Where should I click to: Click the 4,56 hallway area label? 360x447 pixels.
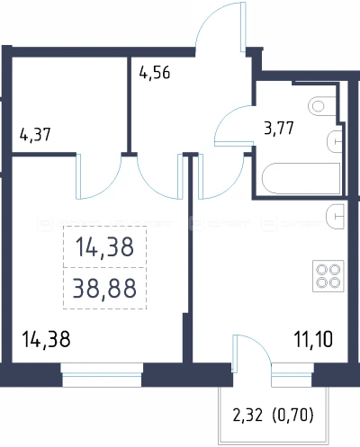pos(155,73)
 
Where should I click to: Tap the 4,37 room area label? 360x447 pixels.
pos(35,135)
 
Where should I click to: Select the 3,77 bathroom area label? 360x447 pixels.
pos(279,129)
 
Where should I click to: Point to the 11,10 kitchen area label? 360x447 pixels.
pos(313,340)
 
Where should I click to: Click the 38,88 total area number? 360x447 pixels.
pos(104,288)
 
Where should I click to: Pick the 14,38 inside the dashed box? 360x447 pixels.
pos(104,247)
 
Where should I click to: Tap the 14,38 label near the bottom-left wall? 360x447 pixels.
pos(47,340)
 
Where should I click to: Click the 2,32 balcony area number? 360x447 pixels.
pos(247,416)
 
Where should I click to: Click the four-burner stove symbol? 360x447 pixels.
pos(328,276)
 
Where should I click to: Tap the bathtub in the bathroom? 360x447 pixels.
pos(301,179)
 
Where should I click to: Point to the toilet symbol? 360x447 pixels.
pos(322,106)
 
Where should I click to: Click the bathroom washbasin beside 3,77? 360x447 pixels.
pos(334,141)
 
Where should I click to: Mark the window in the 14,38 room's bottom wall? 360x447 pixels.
pos(102,375)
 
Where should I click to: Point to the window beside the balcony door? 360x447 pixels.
pos(292,375)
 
